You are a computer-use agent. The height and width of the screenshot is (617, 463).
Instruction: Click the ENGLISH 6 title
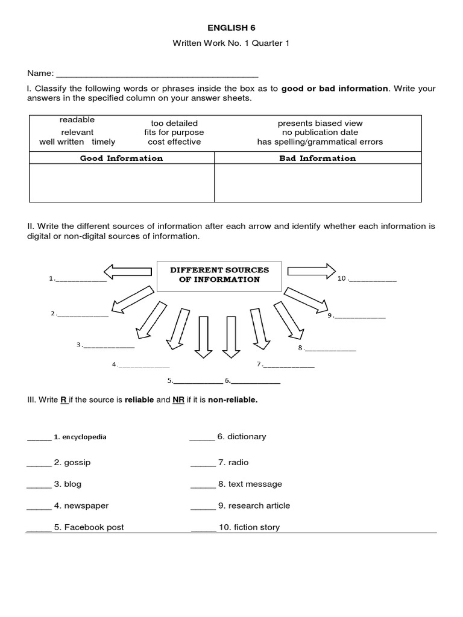[231, 27]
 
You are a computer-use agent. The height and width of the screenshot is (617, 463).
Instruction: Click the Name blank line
[157, 76]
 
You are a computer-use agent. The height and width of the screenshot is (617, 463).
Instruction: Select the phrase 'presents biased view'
[320, 123]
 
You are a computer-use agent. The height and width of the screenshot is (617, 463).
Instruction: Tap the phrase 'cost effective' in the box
[174, 142]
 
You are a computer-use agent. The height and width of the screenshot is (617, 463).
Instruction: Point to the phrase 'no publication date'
[320, 132]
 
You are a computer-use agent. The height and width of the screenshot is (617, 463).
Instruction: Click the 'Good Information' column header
[122, 158]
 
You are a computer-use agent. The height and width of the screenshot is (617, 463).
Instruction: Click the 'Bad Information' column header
[318, 158]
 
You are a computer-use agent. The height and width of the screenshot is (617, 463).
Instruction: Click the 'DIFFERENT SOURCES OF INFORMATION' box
[219, 274]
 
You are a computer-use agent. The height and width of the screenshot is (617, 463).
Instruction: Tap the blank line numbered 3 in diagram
[109, 347]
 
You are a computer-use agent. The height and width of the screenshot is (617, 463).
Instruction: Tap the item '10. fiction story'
[249, 527]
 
